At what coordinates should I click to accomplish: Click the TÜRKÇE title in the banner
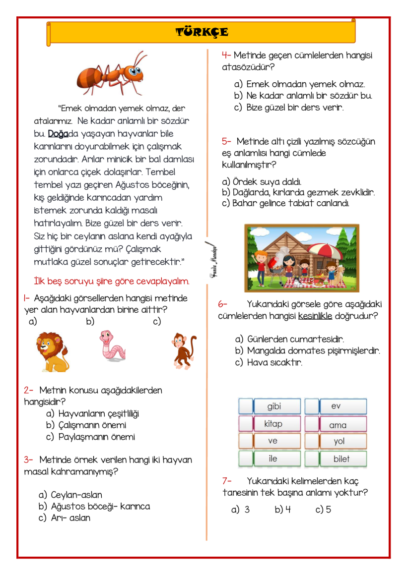pyautogui.click(x=202, y=33)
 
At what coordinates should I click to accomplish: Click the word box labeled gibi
pyautogui.click(x=274, y=406)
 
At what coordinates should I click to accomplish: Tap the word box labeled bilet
pyautogui.click(x=341, y=459)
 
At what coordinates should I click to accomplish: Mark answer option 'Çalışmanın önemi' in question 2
pyautogui.click(x=92, y=425)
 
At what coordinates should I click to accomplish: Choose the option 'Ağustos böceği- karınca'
pyautogui.click(x=100, y=507)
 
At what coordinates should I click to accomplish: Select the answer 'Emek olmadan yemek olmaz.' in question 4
pyautogui.click(x=305, y=84)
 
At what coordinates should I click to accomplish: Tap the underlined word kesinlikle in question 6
pyautogui.click(x=315, y=316)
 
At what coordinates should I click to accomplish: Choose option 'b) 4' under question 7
pyautogui.click(x=282, y=510)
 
